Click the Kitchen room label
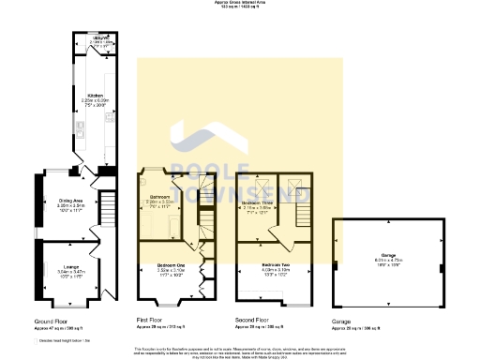point(94,96)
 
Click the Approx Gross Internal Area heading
point(240,4)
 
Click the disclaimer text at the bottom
point(240,352)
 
